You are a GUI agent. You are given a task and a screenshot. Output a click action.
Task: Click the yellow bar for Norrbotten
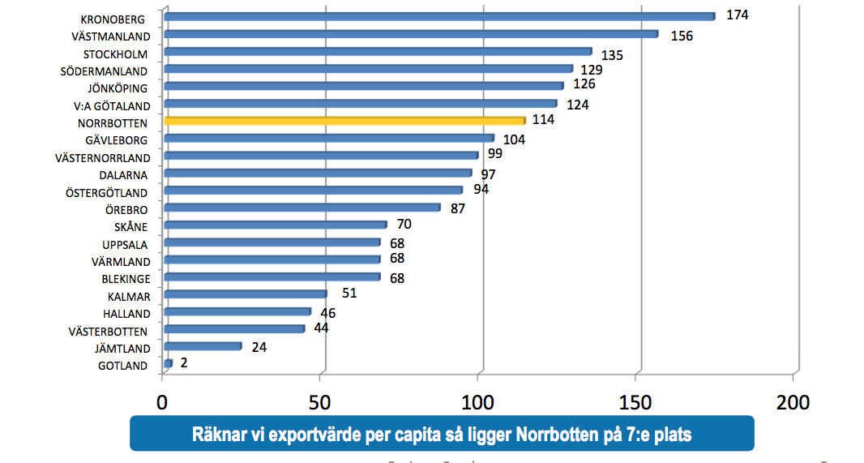click(344, 121)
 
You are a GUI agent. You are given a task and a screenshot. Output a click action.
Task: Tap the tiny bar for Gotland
click(168, 363)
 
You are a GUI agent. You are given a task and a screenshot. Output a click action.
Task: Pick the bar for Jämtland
click(203, 346)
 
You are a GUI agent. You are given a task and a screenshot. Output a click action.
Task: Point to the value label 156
click(682, 36)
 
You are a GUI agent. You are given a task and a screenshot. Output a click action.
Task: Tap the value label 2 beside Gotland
click(184, 363)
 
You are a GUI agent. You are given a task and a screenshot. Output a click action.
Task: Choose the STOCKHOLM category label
click(115, 54)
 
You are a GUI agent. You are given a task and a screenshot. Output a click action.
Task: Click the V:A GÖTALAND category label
click(110, 106)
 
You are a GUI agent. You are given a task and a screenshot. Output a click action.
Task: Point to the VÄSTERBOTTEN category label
click(109, 332)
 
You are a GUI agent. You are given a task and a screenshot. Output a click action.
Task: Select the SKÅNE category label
click(130, 227)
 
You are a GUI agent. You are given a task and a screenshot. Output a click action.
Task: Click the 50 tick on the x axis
click(321, 401)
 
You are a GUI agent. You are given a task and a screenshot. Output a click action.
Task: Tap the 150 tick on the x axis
click(635, 401)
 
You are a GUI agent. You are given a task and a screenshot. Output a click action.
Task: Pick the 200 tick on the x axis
click(792, 401)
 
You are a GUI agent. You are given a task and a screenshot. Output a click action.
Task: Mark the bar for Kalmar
click(245, 294)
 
